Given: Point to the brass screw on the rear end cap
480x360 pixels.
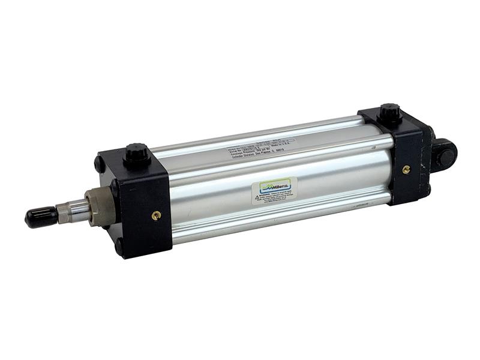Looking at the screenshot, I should click(406, 170).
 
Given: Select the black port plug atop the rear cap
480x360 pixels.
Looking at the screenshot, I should click(390, 113).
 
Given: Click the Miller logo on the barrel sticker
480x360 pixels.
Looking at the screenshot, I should click(275, 187).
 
